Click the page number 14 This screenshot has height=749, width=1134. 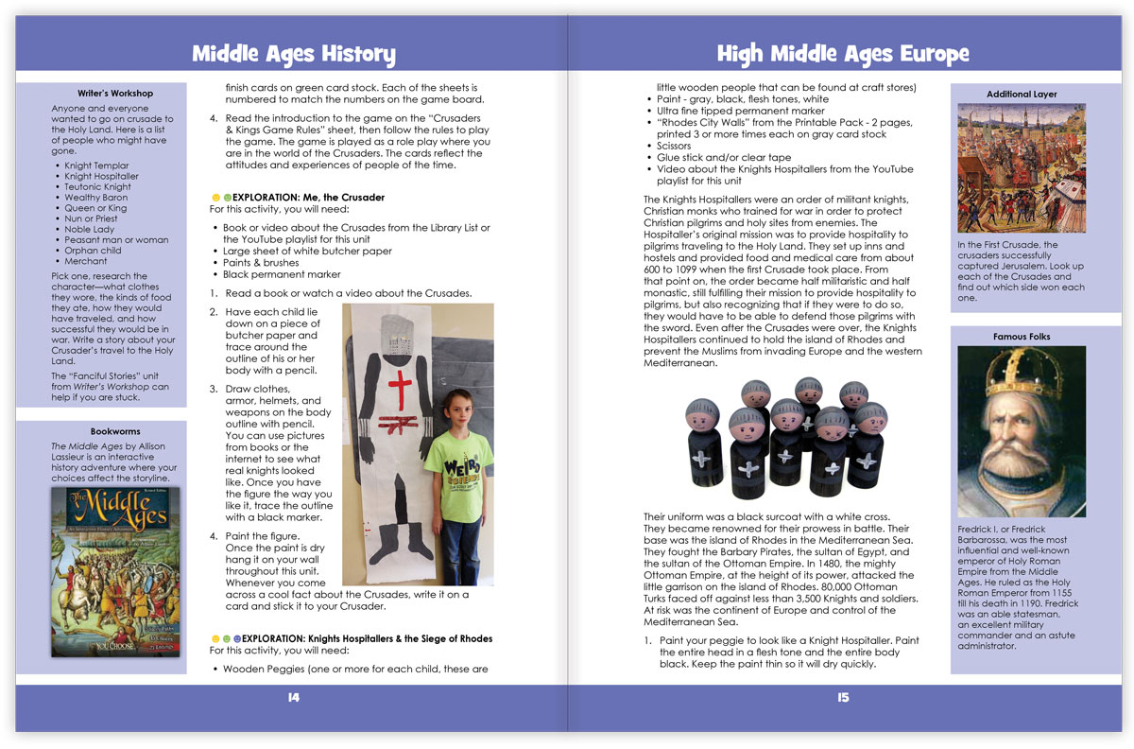coord(293,698)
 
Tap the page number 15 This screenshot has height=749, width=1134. coord(843,698)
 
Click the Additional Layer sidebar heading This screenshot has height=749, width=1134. coord(1022,95)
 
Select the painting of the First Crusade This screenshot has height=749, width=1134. coord(1022,167)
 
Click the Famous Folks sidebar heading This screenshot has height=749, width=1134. coord(1022,337)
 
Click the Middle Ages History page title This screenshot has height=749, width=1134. coord(293,54)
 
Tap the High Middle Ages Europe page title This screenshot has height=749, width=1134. coord(842,54)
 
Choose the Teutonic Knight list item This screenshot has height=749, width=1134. coord(98,187)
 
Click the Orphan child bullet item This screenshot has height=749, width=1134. coord(93,251)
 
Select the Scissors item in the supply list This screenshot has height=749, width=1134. coord(673,147)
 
